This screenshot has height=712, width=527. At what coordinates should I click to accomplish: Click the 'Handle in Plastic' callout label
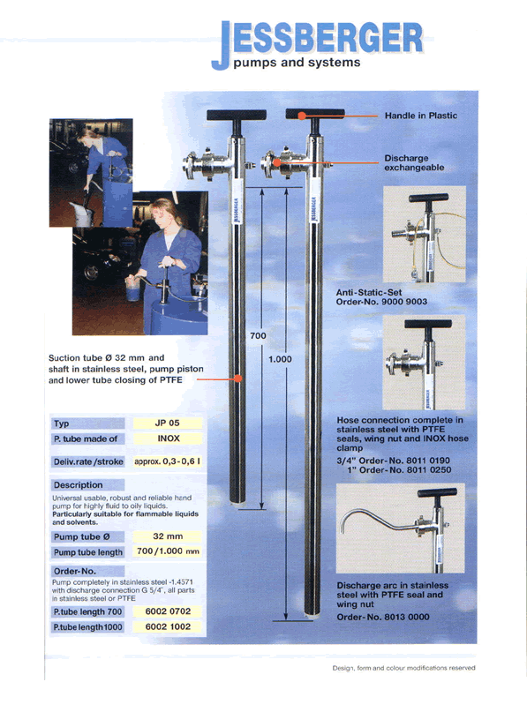(x=421, y=116)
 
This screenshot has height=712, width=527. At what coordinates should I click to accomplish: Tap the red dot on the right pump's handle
(x=302, y=116)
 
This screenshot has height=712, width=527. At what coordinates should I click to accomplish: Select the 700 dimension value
(x=258, y=336)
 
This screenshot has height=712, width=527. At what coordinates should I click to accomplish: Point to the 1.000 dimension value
(x=280, y=359)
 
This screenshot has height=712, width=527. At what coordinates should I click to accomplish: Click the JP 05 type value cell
(x=168, y=423)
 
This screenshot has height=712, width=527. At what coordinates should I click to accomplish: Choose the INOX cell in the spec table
(x=169, y=438)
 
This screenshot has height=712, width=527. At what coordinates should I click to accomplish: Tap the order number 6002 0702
(x=168, y=611)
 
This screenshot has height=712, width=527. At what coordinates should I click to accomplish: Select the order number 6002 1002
(x=168, y=626)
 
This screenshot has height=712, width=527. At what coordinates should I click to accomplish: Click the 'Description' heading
(x=79, y=485)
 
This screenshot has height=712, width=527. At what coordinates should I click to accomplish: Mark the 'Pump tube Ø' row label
(x=82, y=536)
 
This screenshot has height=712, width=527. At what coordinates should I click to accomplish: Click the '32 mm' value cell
(x=168, y=536)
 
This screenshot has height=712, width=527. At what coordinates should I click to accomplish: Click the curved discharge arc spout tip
(x=343, y=531)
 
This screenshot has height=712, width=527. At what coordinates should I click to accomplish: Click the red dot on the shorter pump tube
(x=238, y=378)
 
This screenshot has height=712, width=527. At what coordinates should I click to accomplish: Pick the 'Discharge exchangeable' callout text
(x=414, y=163)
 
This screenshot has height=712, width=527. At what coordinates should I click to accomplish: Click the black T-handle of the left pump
(x=237, y=116)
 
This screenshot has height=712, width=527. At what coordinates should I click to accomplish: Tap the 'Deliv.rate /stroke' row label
(x=88, y=461)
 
